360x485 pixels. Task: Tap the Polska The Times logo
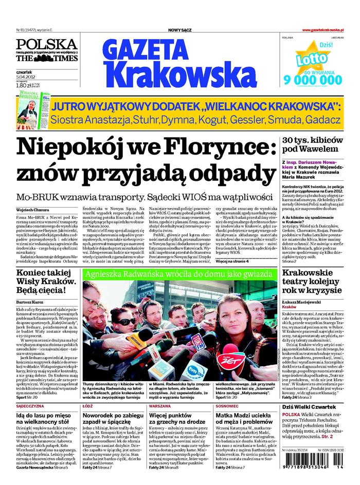point(46,50)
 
